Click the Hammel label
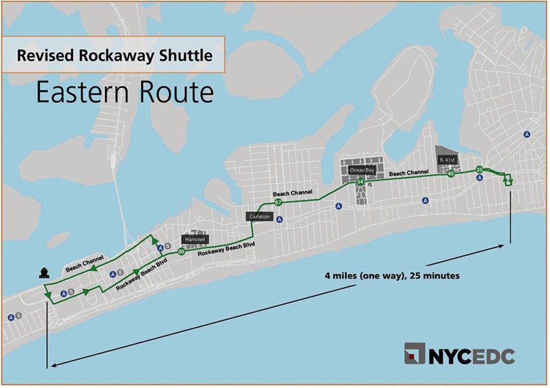(192, 239)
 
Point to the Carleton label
(259, 216)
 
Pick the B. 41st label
(448, 160)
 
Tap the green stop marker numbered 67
(278, 203)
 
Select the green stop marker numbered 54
(360, 182)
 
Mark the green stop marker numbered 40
(451, 174)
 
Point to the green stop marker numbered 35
(479, 169)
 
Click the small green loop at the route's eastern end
(508, 180)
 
